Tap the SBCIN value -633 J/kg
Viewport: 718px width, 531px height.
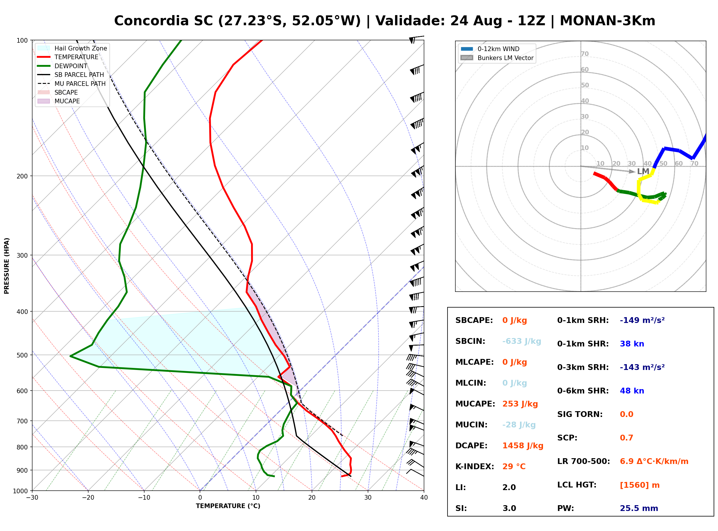522,341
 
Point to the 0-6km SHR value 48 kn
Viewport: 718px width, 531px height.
632,391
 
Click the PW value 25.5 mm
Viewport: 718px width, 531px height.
639,508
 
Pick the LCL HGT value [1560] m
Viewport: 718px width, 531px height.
640,485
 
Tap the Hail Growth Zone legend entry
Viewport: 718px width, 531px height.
72,48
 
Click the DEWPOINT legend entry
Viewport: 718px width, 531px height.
62,66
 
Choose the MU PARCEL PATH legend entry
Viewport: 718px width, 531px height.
71,84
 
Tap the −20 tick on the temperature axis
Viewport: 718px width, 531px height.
88,498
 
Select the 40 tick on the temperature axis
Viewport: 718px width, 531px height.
424,498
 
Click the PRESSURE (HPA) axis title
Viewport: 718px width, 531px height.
7,266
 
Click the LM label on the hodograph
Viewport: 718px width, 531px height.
643,171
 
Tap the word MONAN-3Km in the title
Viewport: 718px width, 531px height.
607,21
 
